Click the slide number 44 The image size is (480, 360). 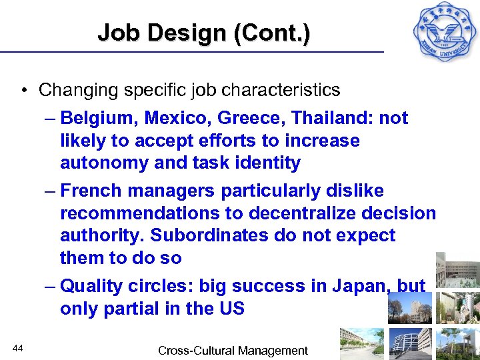[x=19, y=348]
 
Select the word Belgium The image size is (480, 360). [x=89, y=119]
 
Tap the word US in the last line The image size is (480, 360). [x=231, y=309]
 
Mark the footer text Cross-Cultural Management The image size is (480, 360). [x=233, y=351]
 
